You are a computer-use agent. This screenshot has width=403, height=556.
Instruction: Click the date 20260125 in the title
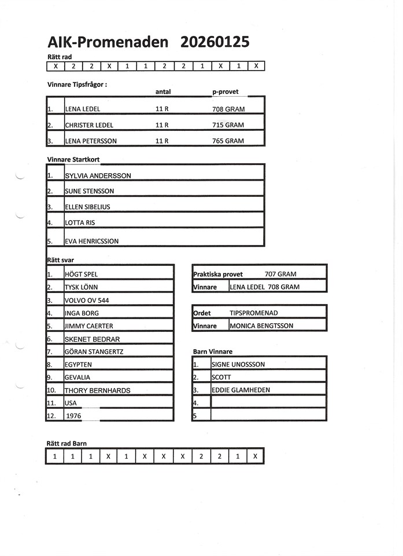coord(215,42)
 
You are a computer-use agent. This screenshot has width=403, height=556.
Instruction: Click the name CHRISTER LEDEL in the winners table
coord(89,125)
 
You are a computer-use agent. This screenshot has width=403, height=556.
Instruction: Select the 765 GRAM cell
coord(228,141)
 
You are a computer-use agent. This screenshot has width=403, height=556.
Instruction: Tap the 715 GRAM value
coord(228,125)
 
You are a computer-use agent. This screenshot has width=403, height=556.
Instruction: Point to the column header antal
coord(163,92)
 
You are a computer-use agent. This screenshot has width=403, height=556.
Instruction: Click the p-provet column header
coord(225,92)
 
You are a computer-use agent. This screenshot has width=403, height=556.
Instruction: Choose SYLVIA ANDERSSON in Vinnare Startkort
coord(98,175)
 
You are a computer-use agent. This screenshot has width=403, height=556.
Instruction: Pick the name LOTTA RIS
coord(80,222)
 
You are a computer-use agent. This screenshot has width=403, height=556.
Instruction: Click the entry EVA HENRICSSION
coord(93,242)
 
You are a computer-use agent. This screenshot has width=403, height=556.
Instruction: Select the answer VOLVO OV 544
coord(87,301)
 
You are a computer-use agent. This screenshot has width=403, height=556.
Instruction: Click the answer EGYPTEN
coord(79,365)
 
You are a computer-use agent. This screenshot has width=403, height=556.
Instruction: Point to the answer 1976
coord(74,416)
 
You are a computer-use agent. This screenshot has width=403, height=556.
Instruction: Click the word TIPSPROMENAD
coord(253,313)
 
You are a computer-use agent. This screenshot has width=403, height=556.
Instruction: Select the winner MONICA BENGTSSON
coord(261,326)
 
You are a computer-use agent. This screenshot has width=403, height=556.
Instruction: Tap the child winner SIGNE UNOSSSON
coord(238,365)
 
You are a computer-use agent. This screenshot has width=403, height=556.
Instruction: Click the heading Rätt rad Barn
coord(66,443)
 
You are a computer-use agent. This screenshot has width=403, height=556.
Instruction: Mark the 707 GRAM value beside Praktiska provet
coord(280,274)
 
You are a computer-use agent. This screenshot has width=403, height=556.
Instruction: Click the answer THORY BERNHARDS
coord(97,390)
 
